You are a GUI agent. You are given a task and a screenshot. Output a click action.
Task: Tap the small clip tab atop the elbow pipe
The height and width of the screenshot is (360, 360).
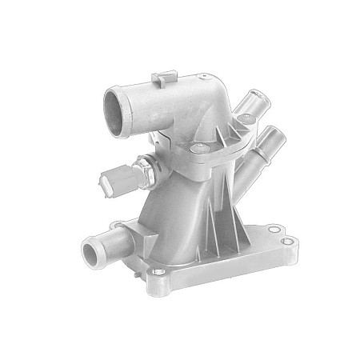[163, 78]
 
